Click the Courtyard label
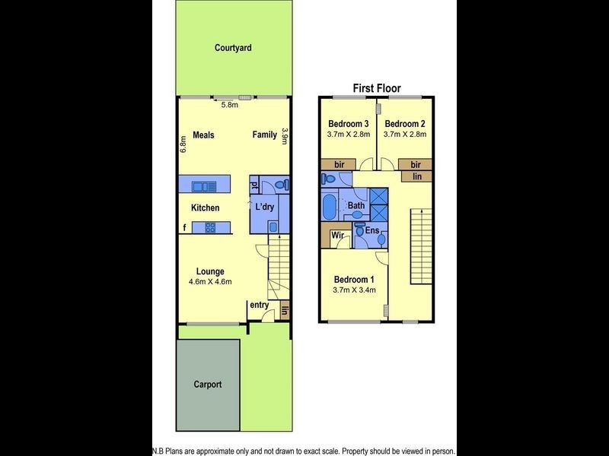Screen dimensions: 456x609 233,48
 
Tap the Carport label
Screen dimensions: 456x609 207,385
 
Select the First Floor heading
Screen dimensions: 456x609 376,88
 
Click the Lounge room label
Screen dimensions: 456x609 210,271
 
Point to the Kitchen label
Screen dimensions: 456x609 205,207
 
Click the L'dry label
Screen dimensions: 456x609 264,207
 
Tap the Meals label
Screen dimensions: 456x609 203,135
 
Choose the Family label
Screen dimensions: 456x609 265,135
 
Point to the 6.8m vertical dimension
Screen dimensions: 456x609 183,144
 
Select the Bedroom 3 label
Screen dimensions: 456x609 349,124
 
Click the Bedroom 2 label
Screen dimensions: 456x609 405,124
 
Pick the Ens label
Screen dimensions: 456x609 372,230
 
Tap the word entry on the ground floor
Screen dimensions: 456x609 259,306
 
